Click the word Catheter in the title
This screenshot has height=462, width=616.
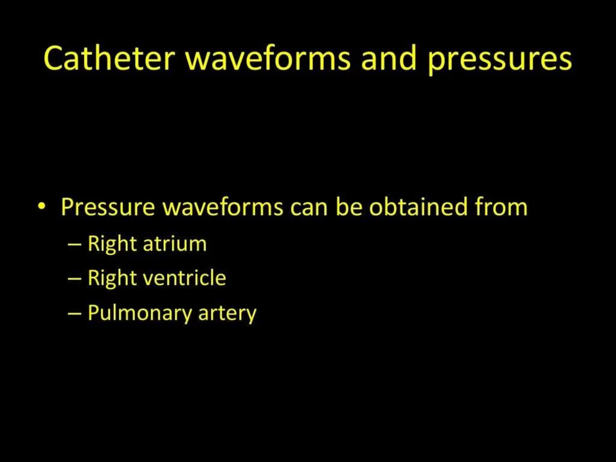tap(109, 58)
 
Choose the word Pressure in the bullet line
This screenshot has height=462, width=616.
tap(108, 207)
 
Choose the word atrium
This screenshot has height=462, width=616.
tap(175, 244)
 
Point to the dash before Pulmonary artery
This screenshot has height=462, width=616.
tap(75, 313)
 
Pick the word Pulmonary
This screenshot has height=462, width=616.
tap(139, 313)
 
